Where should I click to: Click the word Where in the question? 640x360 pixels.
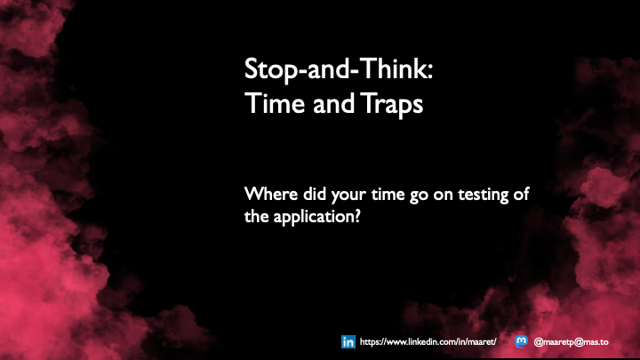(x=268, y=194)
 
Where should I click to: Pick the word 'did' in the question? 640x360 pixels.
(x=312, y=194)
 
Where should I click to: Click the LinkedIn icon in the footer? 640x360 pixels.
(x=348, y=341)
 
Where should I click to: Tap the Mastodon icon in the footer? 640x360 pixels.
(x=522, y=341)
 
